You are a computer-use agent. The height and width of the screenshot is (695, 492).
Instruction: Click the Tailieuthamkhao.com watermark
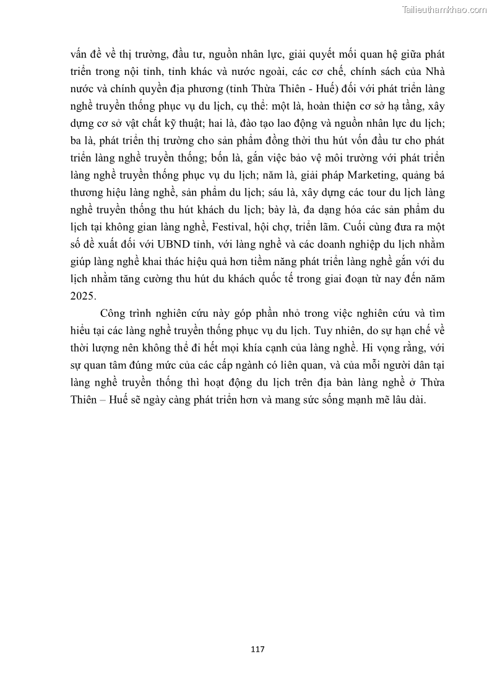click(444, 9)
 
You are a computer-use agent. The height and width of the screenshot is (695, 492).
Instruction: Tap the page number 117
click(258, 649)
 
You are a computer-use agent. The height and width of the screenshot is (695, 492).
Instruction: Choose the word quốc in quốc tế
click(295, 278)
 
